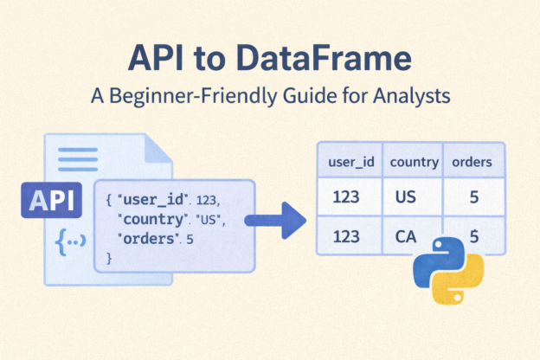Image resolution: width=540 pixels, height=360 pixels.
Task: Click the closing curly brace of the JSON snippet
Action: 109,258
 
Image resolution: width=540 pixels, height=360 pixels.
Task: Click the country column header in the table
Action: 414,162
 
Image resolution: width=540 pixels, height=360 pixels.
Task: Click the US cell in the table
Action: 406,197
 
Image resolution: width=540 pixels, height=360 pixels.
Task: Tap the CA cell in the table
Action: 406,236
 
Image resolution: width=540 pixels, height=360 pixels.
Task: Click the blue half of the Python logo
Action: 430,260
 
